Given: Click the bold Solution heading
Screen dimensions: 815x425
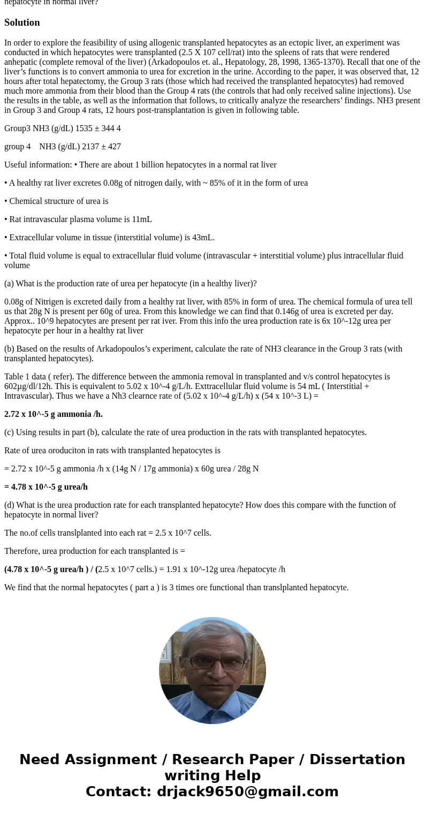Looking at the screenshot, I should [x=22, y=22].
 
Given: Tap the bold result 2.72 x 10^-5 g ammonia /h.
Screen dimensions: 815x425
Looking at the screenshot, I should [x=54, y=414].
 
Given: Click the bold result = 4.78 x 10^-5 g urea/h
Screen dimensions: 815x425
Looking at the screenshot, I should [x=46, y=487].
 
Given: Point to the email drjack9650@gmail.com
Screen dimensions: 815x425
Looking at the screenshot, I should [x=248, y=791].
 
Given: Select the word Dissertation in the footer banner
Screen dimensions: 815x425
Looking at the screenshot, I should [x=357, y=760].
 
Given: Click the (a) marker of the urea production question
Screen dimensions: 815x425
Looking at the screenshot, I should [x=9, y=284].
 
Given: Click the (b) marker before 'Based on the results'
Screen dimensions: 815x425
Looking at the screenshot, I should [x=9, y=349].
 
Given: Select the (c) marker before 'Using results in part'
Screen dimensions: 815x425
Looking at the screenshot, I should [x=9, y=432].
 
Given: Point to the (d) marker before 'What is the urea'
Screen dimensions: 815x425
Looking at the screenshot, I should [x=9, y=505].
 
